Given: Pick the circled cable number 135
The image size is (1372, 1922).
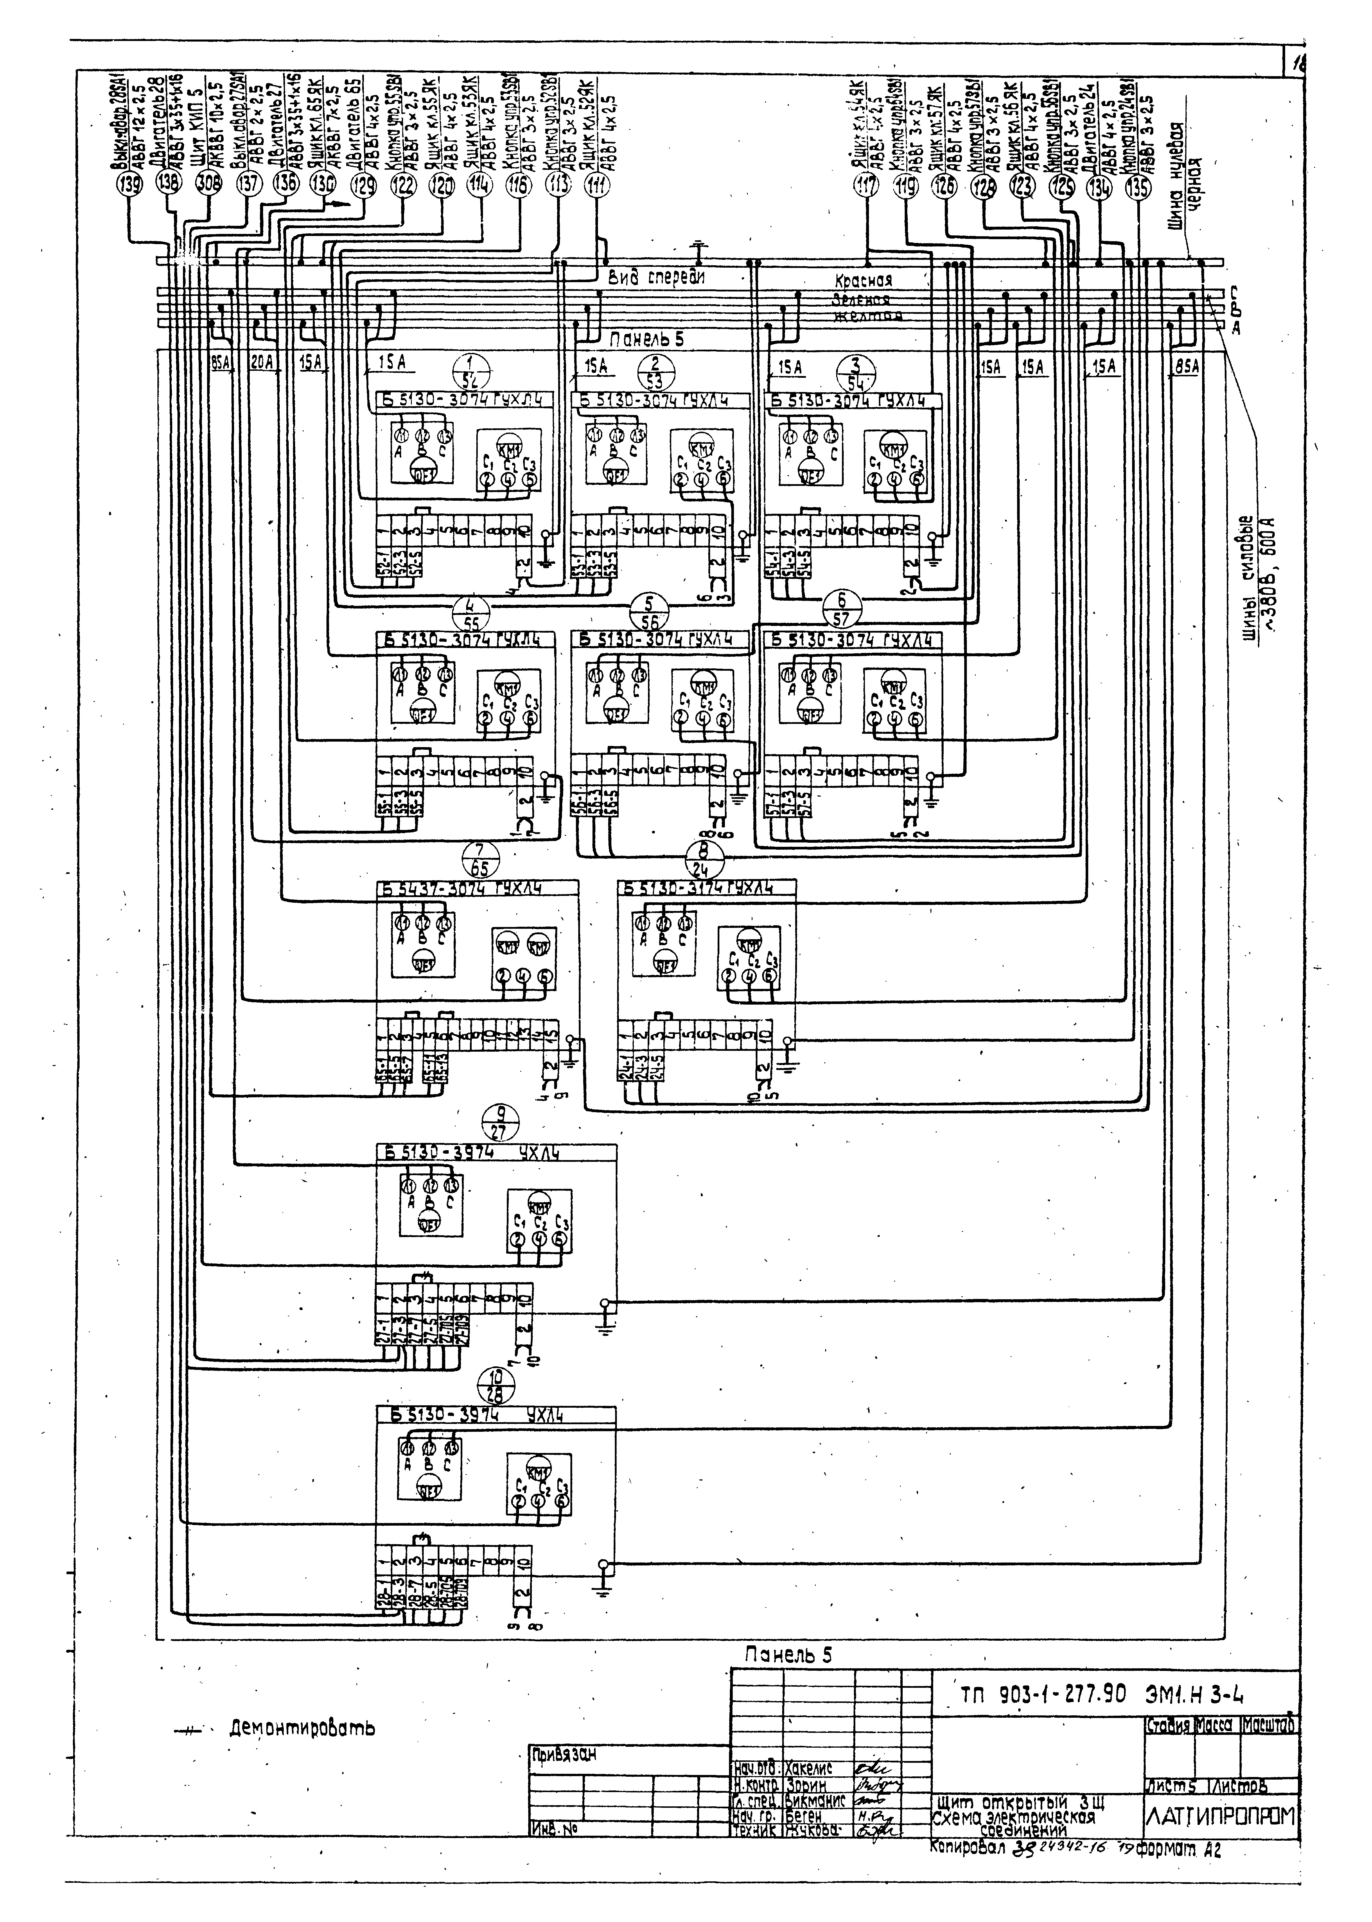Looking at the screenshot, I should [1139, 188].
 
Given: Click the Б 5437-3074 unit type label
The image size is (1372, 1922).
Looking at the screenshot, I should [460, 888].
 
